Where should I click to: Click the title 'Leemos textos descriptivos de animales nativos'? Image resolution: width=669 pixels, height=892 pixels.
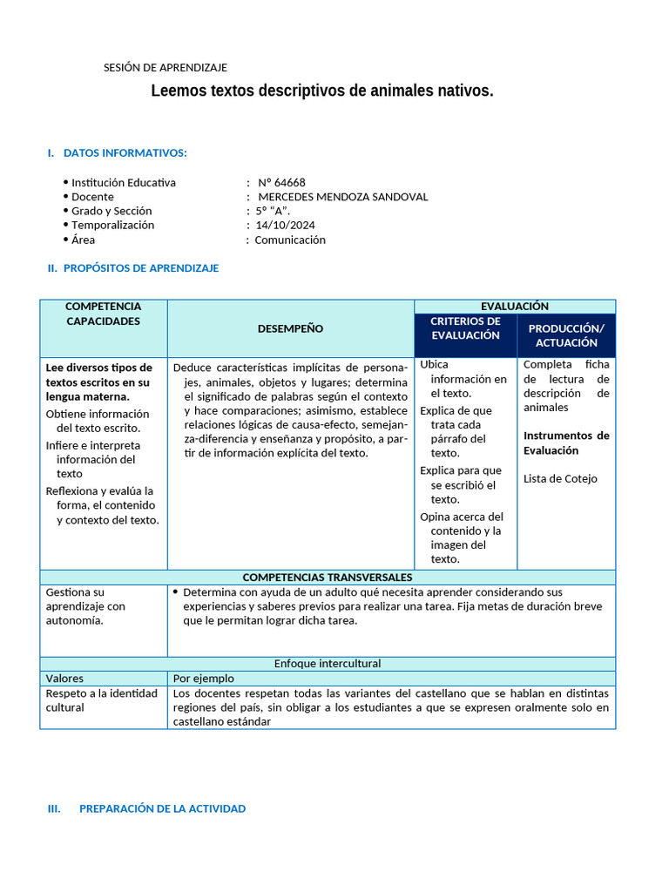tap(322, 91)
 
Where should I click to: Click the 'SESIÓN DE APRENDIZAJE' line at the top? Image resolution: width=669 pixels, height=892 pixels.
tap(166, 68)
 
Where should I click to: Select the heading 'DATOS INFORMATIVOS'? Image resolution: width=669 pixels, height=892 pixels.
tap(125, 153)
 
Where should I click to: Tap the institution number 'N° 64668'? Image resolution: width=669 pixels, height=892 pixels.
tap(281, 183)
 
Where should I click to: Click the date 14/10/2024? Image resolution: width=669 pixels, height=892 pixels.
tap(285, 225)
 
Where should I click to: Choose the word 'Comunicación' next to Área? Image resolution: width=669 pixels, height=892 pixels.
tap(290, 240)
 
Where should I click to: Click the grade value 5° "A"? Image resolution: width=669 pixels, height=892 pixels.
tap(273, 211)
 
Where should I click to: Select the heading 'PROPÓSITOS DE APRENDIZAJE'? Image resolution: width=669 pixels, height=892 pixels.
tap(140, 268)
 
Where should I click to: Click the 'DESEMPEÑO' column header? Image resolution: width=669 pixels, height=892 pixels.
tap(290, 328)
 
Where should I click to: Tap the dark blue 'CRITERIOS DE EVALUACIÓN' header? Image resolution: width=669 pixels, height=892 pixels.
tap(465, 328)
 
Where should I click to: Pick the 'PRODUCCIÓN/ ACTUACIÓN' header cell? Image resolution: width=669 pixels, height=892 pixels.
tap(566, 335)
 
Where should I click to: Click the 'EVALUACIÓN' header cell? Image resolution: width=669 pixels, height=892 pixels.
tap(514, 307)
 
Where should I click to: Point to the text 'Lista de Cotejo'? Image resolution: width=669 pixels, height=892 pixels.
tap(560, 478)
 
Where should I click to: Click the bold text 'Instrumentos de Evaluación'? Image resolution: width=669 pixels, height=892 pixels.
tap(566, 443)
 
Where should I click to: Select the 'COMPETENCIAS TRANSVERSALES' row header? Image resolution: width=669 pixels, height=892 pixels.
tap(328, 578)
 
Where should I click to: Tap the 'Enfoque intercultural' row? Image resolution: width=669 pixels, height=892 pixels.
tap(328, 664)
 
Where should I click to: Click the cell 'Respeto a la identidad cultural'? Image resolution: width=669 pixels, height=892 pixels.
tap(102, 700)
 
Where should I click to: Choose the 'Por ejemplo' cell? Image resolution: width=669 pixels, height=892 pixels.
tap(204, 679)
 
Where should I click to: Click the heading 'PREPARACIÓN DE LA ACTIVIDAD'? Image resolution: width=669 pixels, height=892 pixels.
tap(162, 808)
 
